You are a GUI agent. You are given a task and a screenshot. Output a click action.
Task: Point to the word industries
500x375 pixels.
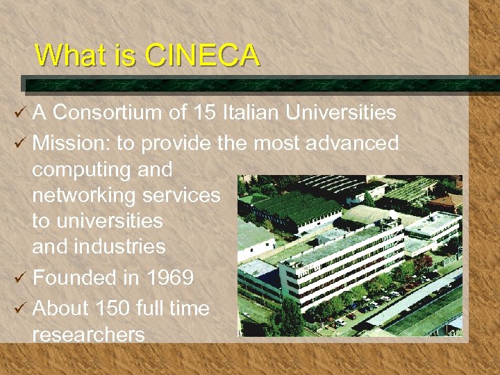pos(122,247)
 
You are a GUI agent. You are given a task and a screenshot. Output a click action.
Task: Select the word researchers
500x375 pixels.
pos(88,334)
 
